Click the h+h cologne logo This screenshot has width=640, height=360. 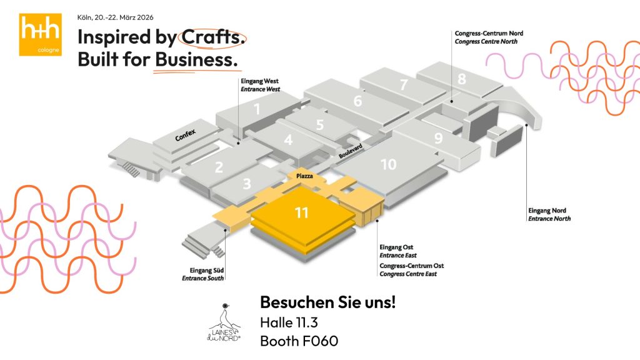[40, 34]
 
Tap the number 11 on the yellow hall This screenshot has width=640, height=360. [302, 213]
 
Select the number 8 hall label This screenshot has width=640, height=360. [462, 79]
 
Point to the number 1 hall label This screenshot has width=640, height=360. [256, 109]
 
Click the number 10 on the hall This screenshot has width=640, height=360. [388, 164]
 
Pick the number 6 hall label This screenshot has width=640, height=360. [357, 101]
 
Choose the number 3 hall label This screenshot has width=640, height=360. [247, 184]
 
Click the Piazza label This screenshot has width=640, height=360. [305, 177]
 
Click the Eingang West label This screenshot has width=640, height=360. [259, 81]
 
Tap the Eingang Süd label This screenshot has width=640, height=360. [202, 271]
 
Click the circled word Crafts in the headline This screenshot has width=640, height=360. [212, 37]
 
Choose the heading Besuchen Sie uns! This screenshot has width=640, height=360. [327, 303]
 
